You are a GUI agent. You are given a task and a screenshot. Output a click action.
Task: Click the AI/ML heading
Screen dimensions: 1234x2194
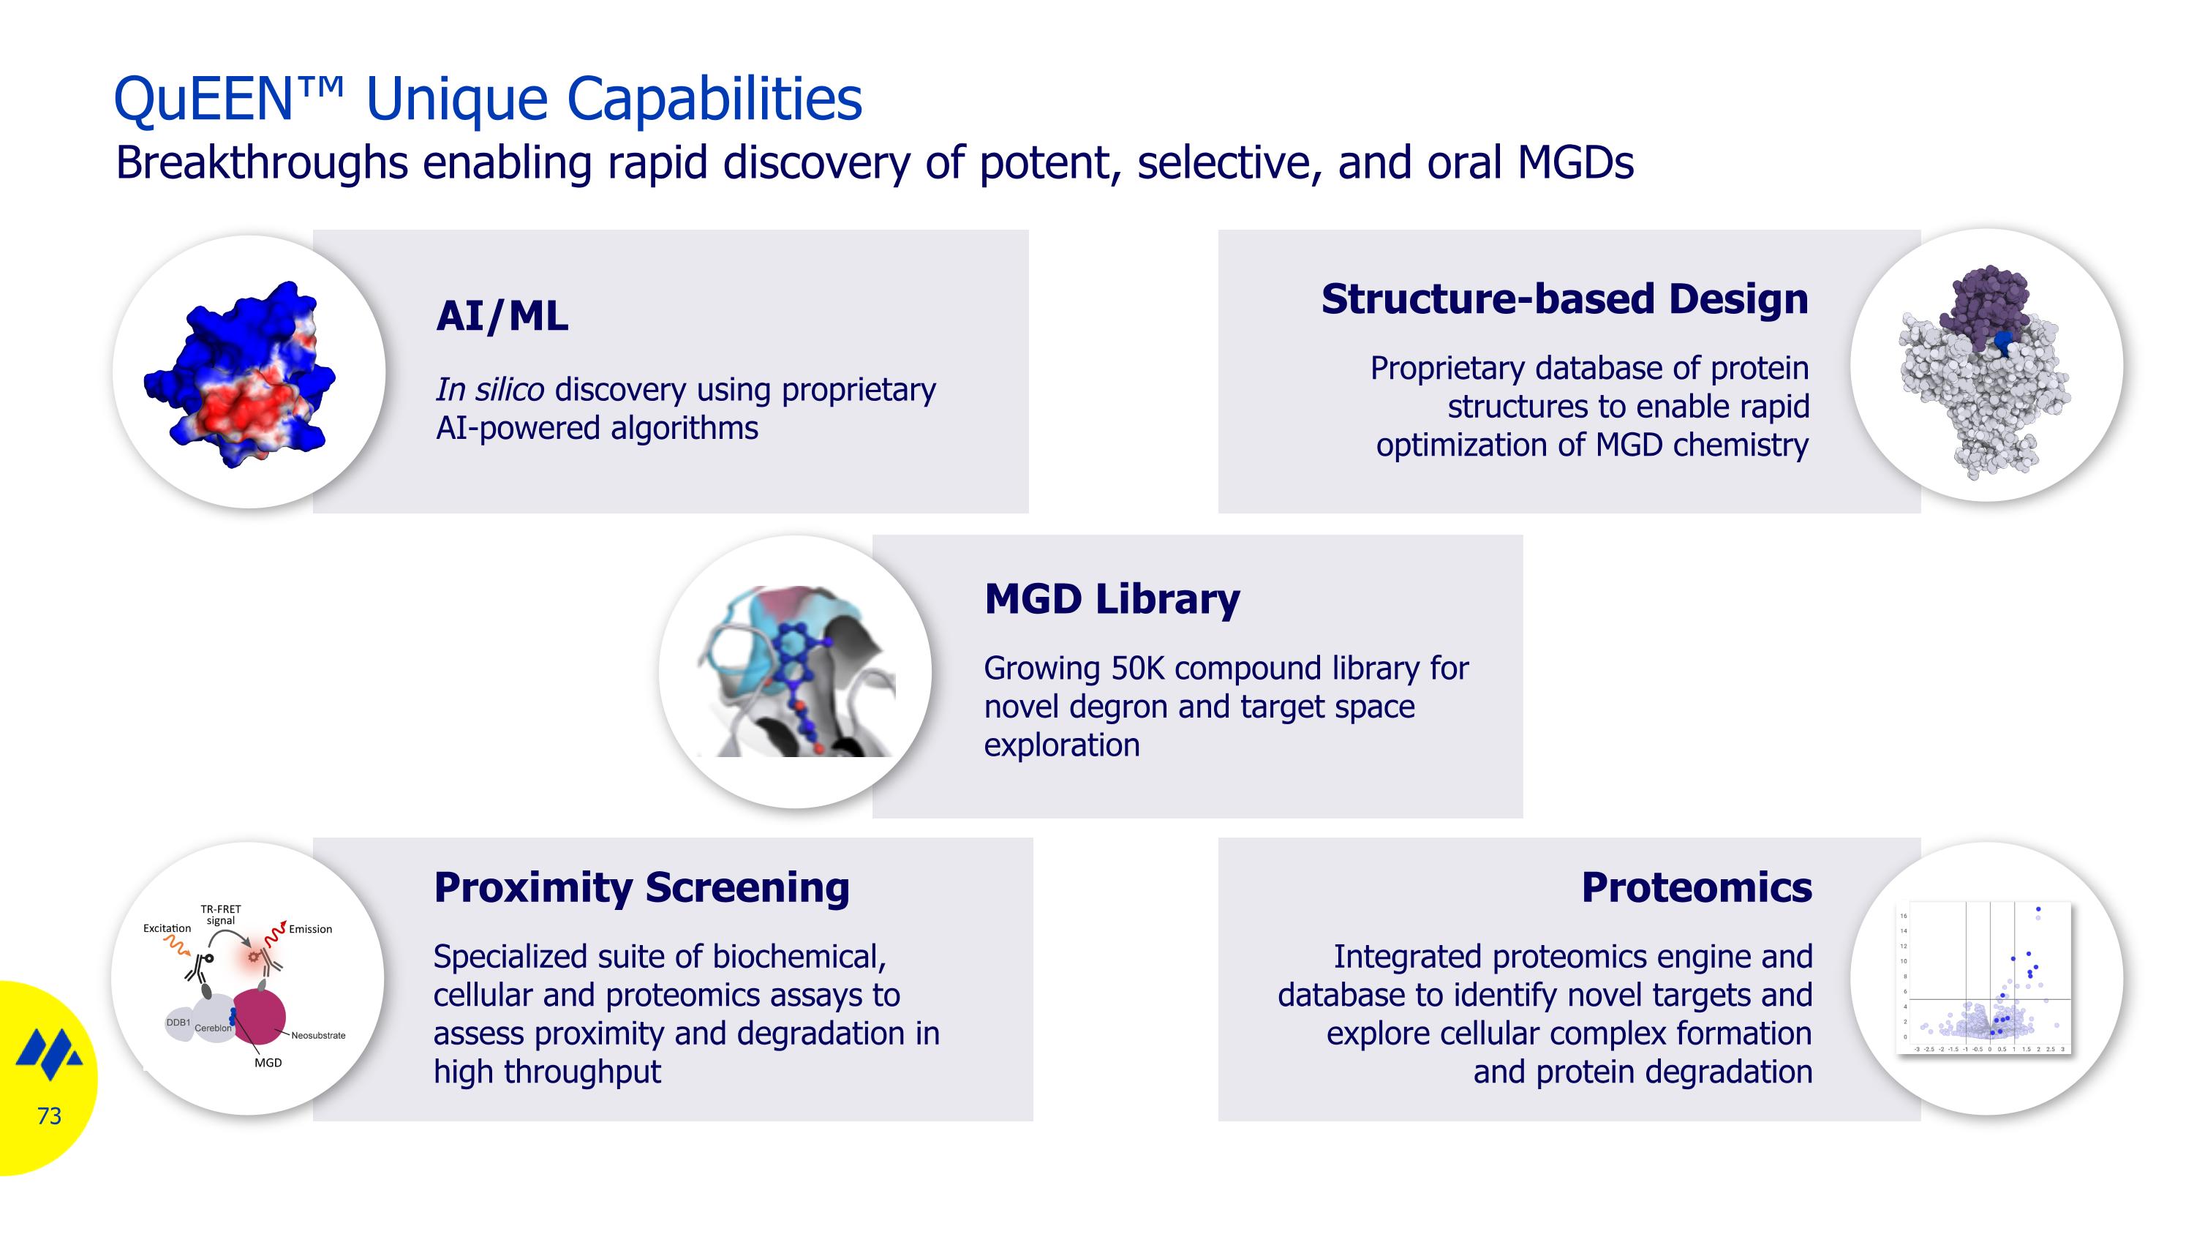point(502,316)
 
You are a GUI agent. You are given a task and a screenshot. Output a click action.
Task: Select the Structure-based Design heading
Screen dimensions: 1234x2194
point(1564,299)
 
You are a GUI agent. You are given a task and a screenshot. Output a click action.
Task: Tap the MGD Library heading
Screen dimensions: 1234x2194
point(1112,598)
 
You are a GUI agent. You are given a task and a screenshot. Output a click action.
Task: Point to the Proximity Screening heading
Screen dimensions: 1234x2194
point(641,887)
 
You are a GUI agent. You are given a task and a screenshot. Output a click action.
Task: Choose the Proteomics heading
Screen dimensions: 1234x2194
point(1696,887)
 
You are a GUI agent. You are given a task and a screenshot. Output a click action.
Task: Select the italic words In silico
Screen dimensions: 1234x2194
point(489,390)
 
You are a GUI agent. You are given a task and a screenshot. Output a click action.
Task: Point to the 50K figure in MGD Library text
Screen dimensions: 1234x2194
point(1137,669)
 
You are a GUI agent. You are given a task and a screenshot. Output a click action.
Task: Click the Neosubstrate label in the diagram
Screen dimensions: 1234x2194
point(317,1036)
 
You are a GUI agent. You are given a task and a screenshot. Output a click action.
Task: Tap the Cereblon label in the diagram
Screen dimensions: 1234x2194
point(212,1028)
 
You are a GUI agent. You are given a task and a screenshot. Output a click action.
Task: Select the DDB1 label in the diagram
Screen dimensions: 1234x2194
point(177,1022)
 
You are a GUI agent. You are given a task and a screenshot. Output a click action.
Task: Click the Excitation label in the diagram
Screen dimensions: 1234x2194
point(167,928)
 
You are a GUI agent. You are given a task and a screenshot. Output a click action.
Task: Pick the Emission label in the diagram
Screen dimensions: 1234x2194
point(310,929)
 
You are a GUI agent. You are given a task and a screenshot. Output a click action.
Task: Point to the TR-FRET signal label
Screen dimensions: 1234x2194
point(221,914)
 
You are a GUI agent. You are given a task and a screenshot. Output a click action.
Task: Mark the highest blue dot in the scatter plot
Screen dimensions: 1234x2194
point(2038,909)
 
